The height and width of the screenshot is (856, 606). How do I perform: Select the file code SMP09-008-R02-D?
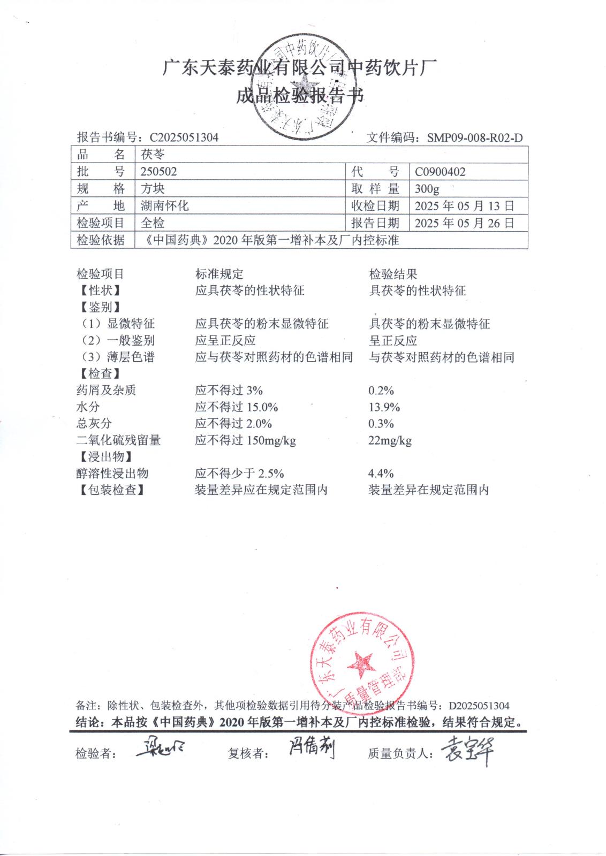point(474,137)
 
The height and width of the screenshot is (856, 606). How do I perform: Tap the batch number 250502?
point(158,172)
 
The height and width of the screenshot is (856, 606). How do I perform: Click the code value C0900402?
point(440,172)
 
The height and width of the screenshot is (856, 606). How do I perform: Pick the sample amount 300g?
point(427,189)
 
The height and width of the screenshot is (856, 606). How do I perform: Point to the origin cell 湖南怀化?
point(164,206)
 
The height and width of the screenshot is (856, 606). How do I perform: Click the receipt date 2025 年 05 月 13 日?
point(464,206)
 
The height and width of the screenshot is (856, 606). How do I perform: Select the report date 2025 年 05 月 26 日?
point(464,223)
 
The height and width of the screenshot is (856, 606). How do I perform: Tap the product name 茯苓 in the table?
point(153,155)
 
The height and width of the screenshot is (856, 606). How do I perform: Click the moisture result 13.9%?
point(384,407)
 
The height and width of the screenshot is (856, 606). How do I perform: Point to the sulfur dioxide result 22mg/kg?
point(390,440)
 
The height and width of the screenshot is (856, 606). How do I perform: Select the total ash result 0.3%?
point(381,424)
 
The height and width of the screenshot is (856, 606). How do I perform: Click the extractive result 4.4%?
point(381,473)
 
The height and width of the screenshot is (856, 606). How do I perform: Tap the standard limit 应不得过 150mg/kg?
point(245,440)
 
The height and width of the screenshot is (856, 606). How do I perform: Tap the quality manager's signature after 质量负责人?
point(466,752)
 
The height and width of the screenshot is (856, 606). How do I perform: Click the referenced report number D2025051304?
point(479,706)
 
